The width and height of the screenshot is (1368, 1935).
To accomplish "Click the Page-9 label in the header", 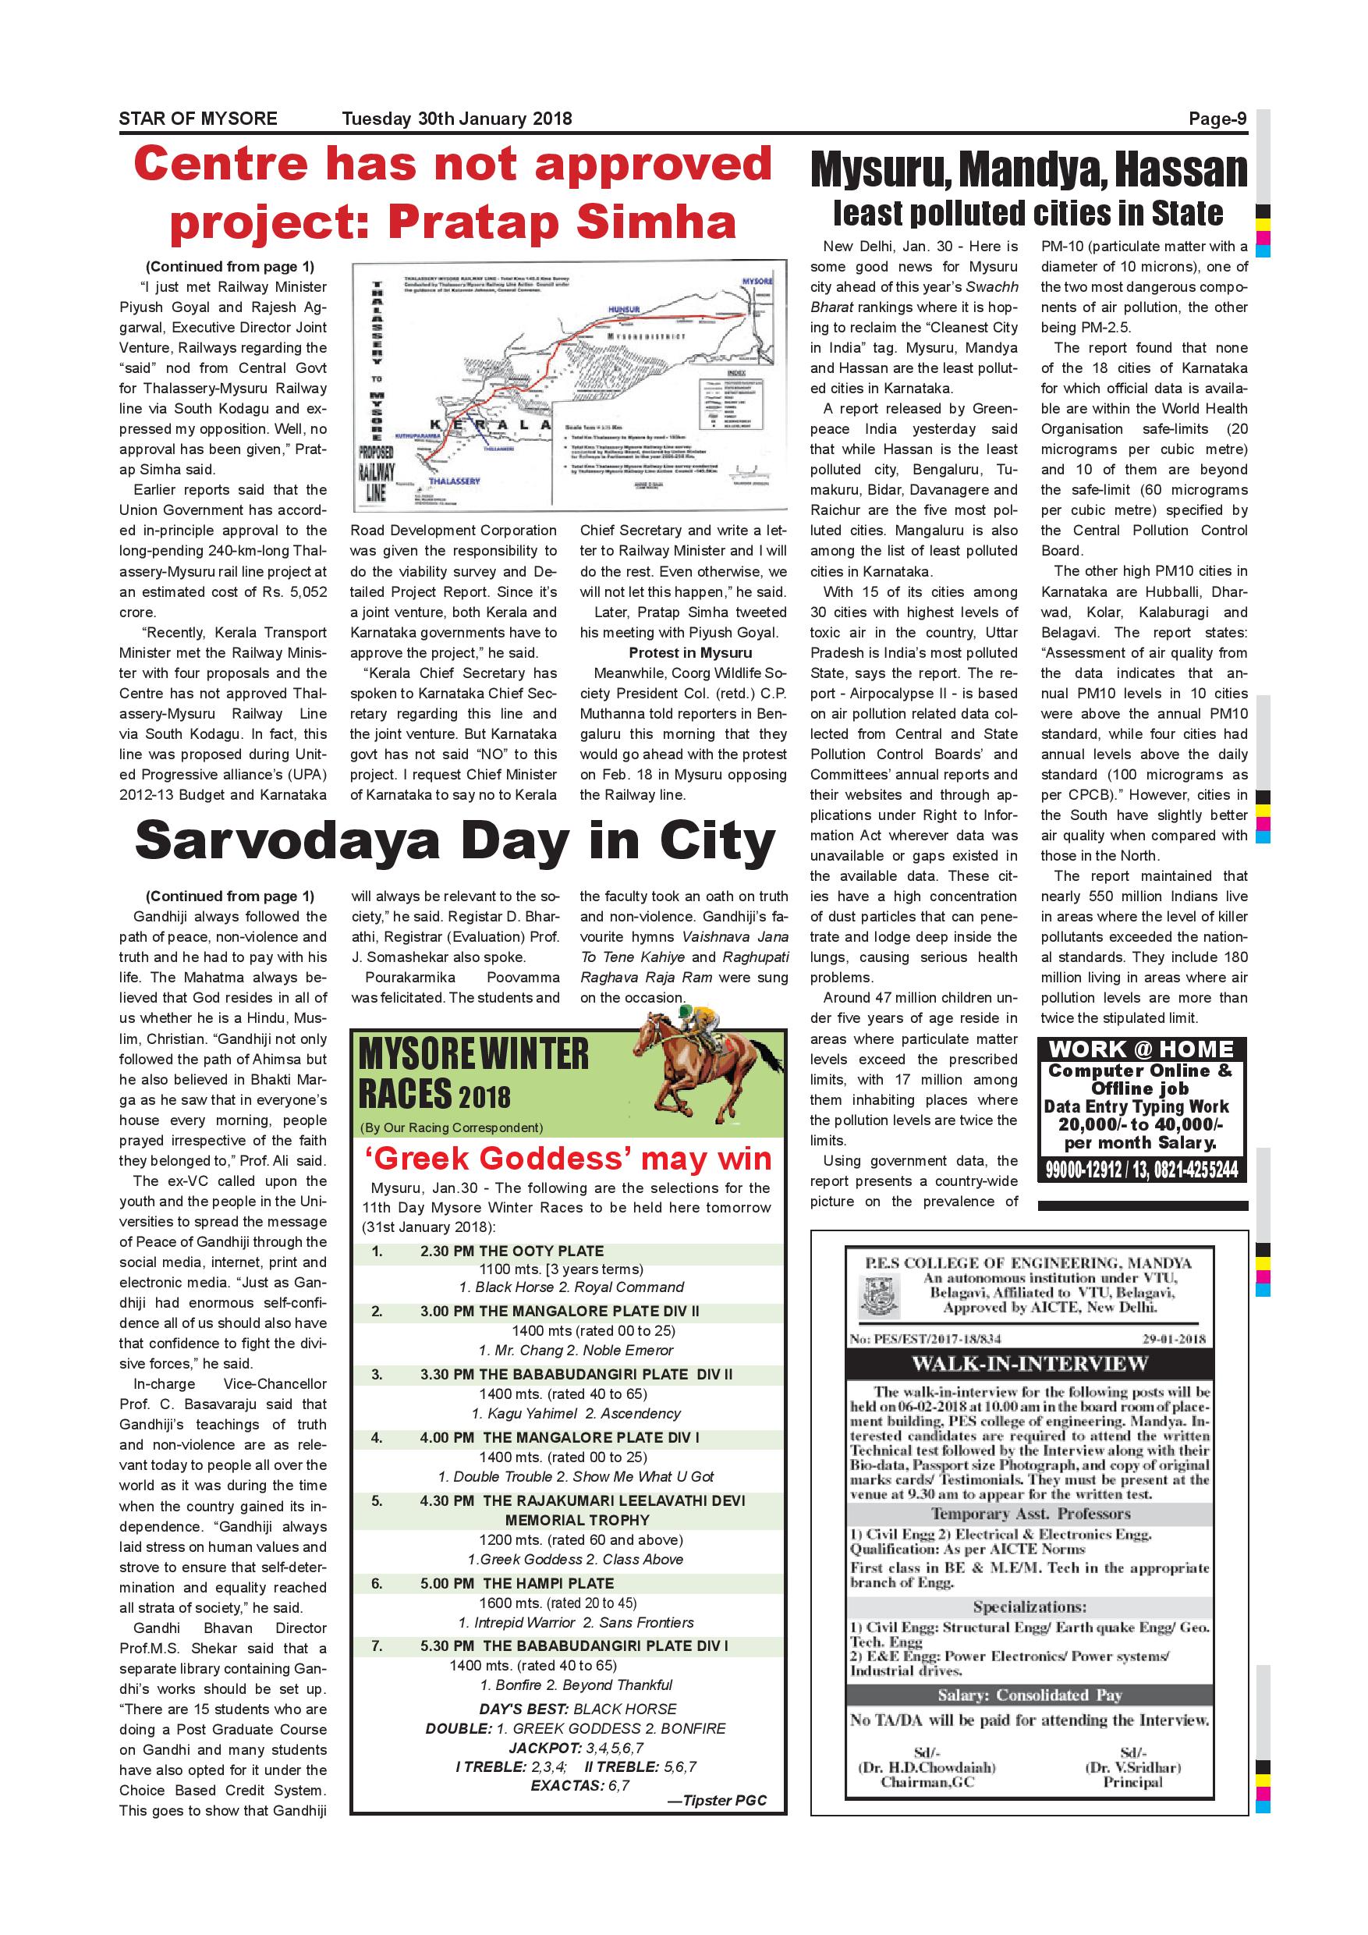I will tap(1217, 119).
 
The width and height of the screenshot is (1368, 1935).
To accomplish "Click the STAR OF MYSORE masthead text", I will tap(198, 119).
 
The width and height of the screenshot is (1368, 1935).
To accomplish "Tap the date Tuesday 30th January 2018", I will tap(456, 119).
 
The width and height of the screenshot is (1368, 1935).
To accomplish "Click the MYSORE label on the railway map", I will tap(757, 280).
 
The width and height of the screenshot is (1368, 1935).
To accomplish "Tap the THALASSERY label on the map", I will tap(453, 481).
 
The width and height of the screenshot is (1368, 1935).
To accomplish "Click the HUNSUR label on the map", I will tap(623, 310).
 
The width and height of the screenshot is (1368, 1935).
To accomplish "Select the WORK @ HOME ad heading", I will tap(1141, 1050).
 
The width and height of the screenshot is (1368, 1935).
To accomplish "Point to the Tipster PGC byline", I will tap(717, 1799).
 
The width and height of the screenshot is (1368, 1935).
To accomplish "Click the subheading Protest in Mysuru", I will tap(690, 653).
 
